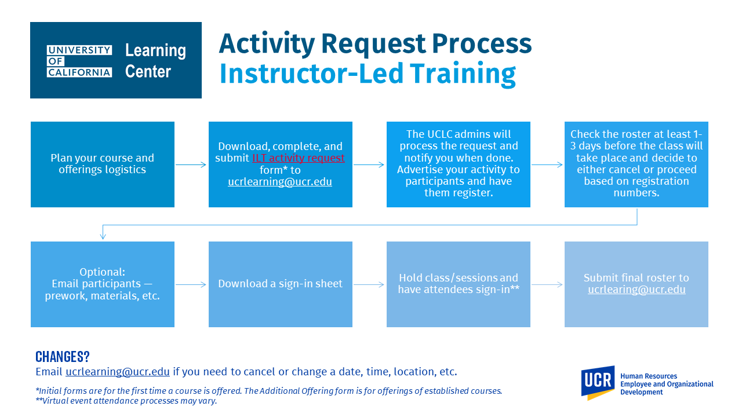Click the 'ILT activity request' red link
[x=298, y=158]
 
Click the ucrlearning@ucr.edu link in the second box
[x=280, y=182]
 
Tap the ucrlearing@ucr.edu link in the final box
[x=636, y=289]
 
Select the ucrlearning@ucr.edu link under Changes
[x=118, y=372]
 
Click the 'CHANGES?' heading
[x=63, y=356]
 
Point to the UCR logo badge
[x=598, y=383]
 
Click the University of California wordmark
[x=79, y=61]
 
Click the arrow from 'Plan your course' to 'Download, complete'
[x=191, y=164]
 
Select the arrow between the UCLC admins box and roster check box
[x=547, y=164]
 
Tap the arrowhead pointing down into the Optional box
[x=103, y=236]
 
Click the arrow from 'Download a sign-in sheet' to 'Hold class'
[x=369, y=284]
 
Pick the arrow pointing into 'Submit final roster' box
[x=547, y=284]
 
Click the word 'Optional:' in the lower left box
[x=103, y=272]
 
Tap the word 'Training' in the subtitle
[x=463, y=74]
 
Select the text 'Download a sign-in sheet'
[x=280, y=284]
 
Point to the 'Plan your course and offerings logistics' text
[x=103, y=163]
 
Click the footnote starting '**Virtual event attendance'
[x=126, y=401]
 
